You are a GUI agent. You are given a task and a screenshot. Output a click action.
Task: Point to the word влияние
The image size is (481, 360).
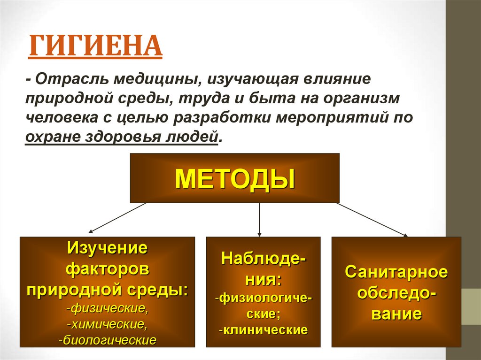pos(338,79)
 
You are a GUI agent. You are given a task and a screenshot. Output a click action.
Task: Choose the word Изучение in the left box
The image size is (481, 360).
pos(107,247)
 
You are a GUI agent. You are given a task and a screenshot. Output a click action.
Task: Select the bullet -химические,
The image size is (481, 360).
pos(107,324)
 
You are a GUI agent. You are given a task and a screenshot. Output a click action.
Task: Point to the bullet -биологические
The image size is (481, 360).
pos(107,339)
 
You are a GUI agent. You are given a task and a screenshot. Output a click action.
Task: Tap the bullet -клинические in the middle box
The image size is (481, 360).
pos(263,329)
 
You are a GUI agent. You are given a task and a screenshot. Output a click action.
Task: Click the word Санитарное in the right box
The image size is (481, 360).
pos(396,272)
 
